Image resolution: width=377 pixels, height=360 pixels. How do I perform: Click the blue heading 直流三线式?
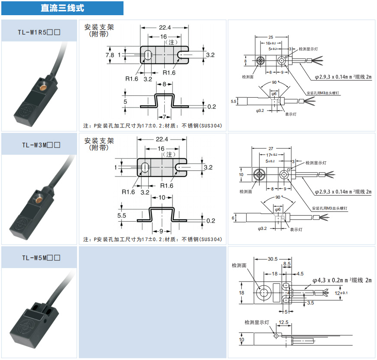(x=62, y=8)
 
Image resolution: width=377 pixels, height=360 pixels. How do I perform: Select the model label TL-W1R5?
(x=39, y=32)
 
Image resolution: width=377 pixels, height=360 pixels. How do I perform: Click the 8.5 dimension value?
(x=287, y=264)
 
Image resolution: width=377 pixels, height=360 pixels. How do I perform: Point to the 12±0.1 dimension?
(x=341, y=293)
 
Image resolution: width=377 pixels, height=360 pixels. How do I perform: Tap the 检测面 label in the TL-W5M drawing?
(x=239, y=265)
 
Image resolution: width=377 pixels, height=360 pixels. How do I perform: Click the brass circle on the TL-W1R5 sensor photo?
(x=43, y=88)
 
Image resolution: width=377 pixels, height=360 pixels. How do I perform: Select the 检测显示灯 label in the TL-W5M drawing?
(x=257, y=323)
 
